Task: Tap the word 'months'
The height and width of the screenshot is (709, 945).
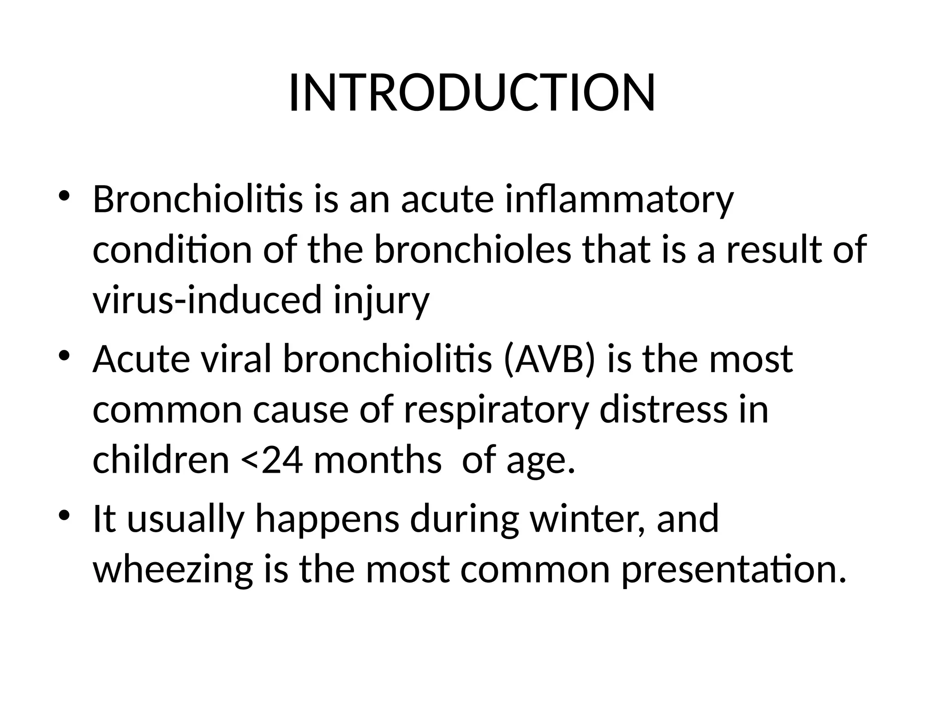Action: (x=377, y=461)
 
